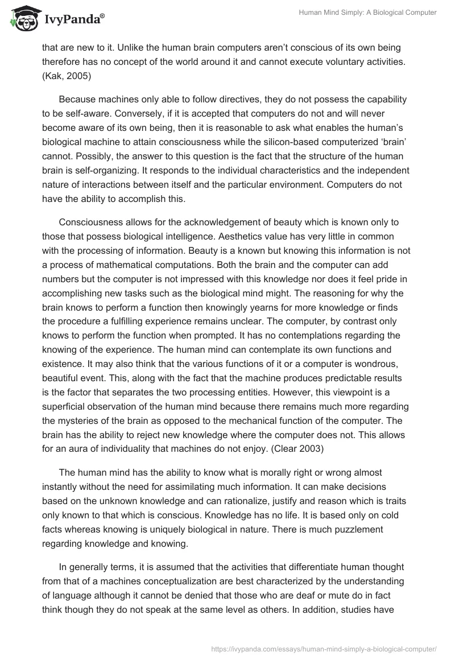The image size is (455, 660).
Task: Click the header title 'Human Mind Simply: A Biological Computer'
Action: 368,13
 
